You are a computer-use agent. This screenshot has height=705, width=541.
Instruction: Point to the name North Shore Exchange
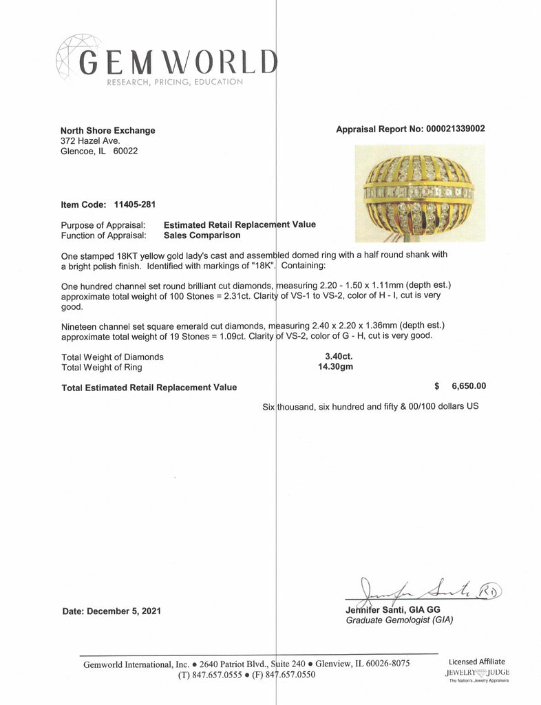pos(108,130)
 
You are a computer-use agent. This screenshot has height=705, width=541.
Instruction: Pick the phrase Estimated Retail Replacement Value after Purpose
pos(240,224)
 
